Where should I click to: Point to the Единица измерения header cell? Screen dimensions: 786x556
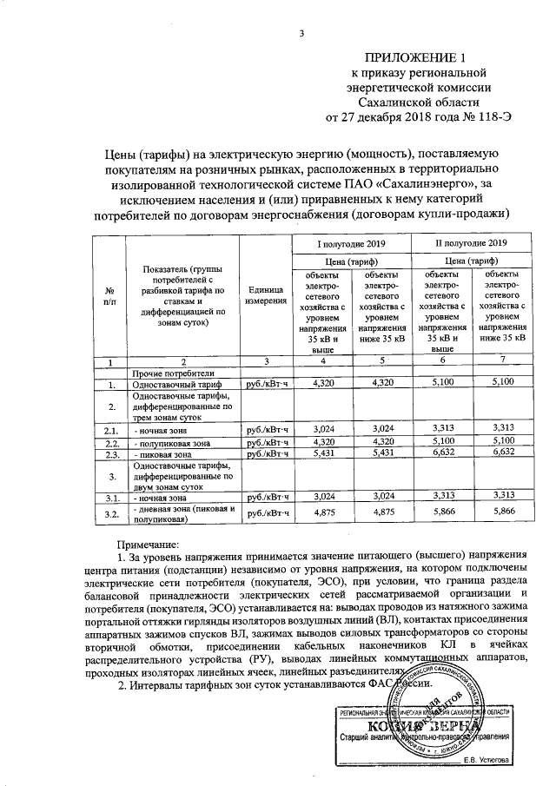point(266,295)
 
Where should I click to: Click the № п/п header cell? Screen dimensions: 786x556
point(110,294)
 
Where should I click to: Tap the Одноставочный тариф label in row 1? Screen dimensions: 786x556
point(170,383)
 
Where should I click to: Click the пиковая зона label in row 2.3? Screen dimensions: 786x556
point(161,453)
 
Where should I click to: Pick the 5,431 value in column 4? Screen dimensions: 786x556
point(322,453)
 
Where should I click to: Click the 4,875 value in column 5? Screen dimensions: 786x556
point(382,514)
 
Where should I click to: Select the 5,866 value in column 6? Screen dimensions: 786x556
point(446,514)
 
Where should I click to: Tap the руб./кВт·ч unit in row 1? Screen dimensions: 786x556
point(266,383)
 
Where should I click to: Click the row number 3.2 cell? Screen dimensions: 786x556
point(110,514)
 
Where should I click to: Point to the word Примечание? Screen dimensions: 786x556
point(145,544)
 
